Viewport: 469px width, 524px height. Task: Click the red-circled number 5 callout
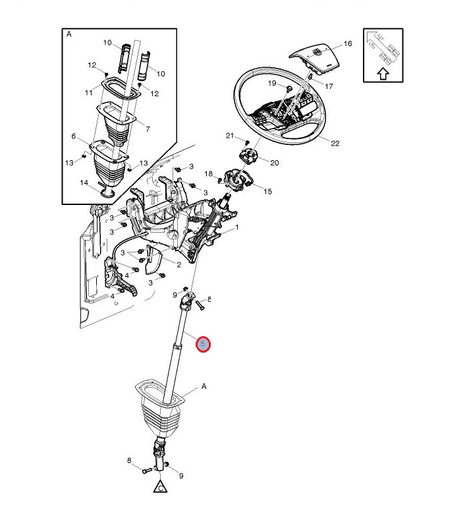204,343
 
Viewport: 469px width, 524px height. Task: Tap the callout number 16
347,44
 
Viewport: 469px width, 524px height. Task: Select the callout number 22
335,144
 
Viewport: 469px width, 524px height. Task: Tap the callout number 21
230,136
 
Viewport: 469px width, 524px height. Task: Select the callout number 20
275,163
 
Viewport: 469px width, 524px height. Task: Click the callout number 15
267,192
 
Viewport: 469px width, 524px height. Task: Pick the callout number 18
209,174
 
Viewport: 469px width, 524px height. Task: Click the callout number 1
237,227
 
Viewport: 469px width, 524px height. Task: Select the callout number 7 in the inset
147,129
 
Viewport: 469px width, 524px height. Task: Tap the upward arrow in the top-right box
382,74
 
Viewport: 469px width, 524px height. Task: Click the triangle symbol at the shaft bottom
159,488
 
